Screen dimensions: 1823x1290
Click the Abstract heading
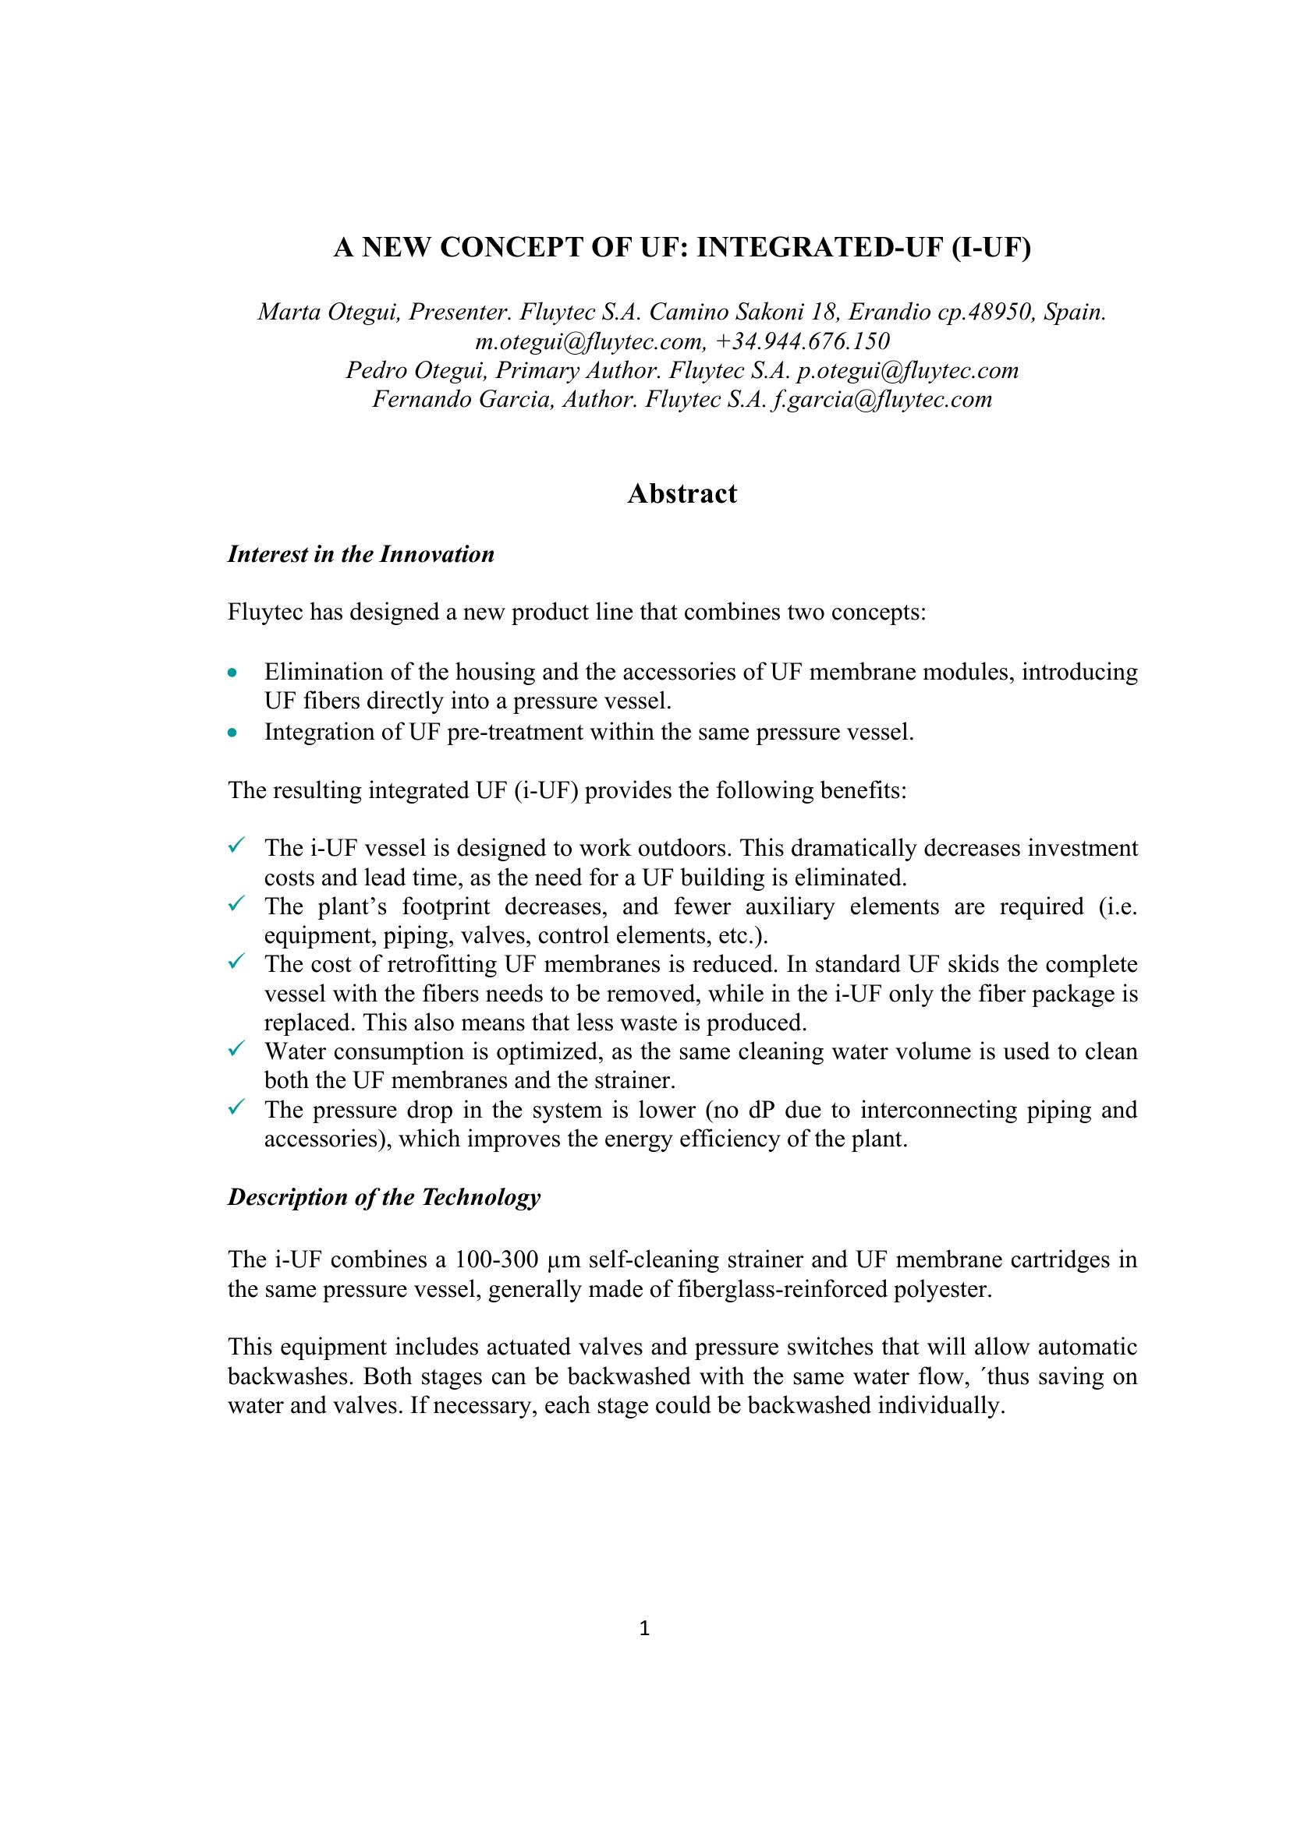coord(682,494)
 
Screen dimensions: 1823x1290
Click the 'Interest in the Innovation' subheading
coord(360,554)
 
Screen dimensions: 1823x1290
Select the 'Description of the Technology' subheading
coord(384,1196)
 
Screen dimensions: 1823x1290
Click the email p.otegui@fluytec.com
coord(907,370)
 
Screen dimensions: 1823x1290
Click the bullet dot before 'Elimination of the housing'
coord(232,673)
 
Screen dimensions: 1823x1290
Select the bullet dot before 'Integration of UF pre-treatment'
coord(232,732)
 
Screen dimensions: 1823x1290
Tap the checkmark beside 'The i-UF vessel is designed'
coord(236,846)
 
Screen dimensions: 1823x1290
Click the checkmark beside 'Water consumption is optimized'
coord(236,1050)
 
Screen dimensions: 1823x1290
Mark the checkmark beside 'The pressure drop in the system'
coord(236,1107)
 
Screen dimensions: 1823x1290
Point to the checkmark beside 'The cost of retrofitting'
coord(236,963)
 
